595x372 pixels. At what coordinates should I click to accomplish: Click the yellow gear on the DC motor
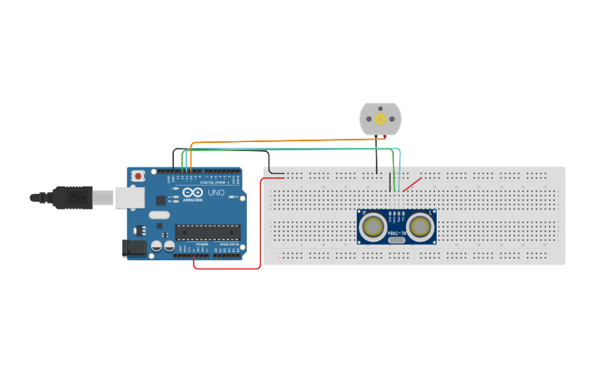381,119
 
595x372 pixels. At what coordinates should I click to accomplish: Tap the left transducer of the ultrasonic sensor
373,227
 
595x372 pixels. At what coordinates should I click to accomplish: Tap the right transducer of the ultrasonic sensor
420,227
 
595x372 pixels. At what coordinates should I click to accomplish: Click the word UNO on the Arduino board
216,193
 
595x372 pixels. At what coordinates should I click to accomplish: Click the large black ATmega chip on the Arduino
208,232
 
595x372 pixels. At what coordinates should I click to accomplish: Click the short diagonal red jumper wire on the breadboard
412,184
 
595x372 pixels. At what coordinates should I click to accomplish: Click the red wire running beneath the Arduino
230,268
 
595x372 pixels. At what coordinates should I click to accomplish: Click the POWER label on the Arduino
202,244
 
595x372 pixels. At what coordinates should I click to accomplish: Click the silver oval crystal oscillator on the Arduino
159,215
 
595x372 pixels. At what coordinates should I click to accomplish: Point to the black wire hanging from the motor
377,156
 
